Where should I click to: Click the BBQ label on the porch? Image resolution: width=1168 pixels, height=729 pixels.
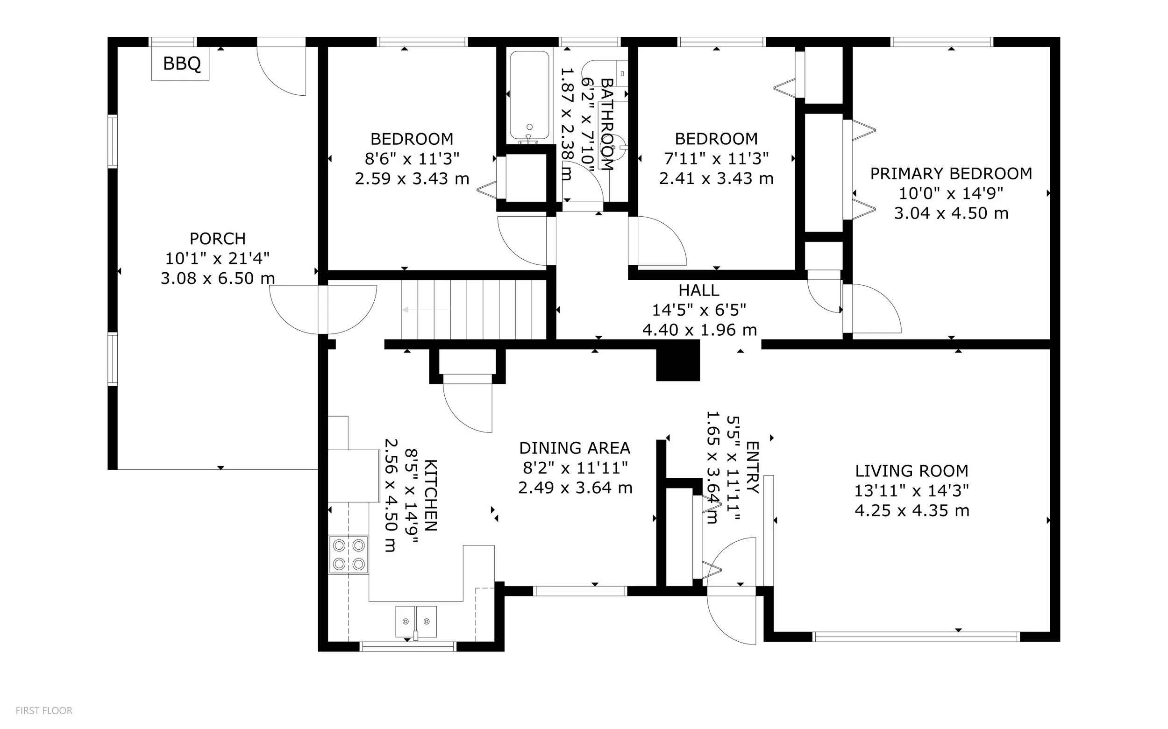pyautogui.click(x=182, y=64)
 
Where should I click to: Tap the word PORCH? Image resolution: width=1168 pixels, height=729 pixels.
pyautogui.click(x=218, y=239)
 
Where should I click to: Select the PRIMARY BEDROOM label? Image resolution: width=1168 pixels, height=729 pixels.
pyautogui.click(x=951, y=174)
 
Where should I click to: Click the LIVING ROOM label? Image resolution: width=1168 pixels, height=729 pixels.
pyautogui.click(x=912, y=471)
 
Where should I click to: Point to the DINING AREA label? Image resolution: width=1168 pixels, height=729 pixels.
pyautogui.click(x=575, y=448)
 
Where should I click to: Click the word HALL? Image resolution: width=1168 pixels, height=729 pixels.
pyautogui.click(x=699, y=290)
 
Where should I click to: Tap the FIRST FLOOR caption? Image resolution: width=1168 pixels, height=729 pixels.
pyautogui.click(x=44, y=711)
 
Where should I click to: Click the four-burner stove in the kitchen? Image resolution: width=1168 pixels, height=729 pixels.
pyautogui.click(x=348, y=554)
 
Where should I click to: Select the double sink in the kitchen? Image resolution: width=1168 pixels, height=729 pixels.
pyautogui.click(x=416, y=623)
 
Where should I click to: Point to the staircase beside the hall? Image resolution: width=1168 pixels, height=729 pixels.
pyautogui.click(x=474, y=311)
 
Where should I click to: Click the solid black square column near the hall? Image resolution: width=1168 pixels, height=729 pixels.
pyautogui.click(x=678, y=360)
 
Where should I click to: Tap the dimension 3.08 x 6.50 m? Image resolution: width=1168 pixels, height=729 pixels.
pyautogui.click(x=218, y=278)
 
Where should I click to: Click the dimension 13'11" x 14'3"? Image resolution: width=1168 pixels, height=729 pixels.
pyautogui.click(x=912, y=491)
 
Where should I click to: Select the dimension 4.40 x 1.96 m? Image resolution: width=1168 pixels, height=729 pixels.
pyautogui.click(x=699, y=330)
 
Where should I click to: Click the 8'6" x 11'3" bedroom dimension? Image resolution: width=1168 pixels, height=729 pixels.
pyautogui.click(x=412, y=159)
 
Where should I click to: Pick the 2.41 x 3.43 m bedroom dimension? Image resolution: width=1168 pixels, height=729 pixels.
pyautogui.click(x=716, y=179)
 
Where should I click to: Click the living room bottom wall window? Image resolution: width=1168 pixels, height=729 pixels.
pyautogui.click(x=916, y=637)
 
